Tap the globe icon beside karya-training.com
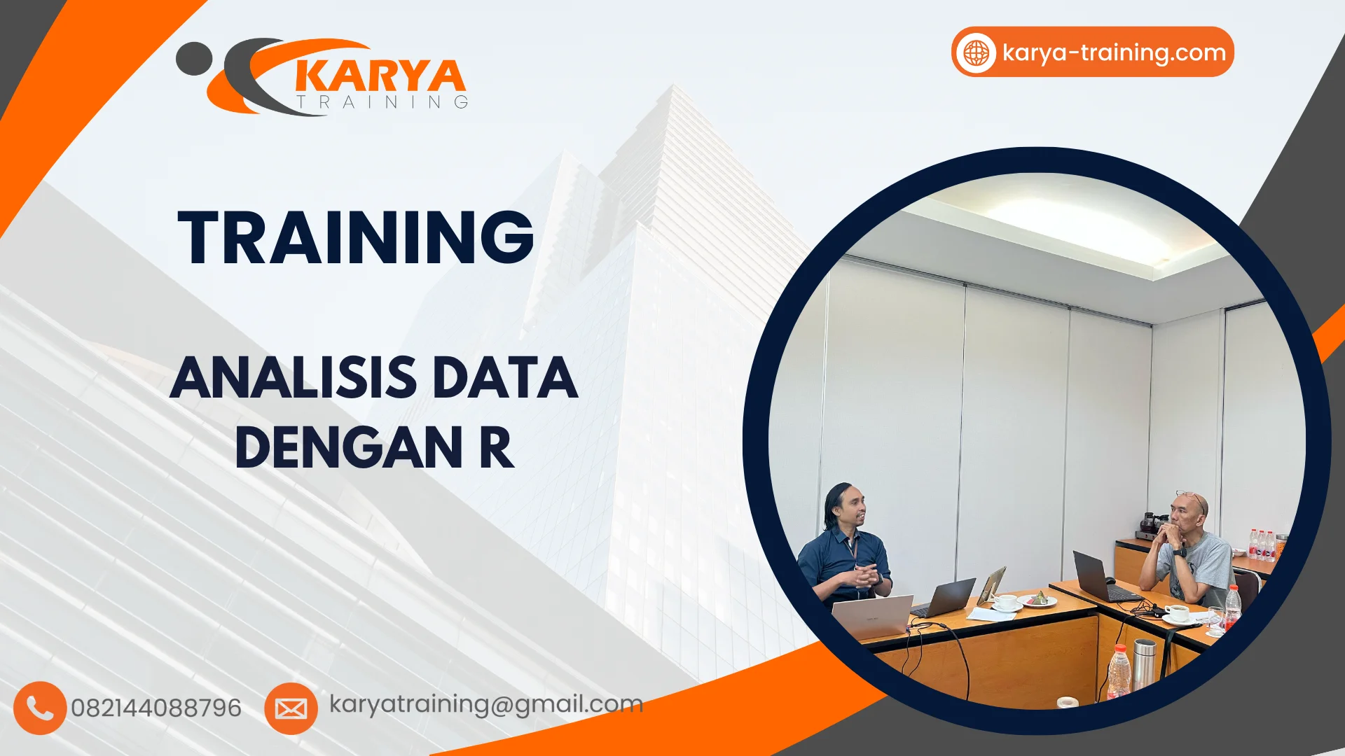[x=977, y=52]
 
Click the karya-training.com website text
[x=1114, y=52]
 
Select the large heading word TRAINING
[x=356, y=237]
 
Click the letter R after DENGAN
[x=497, y=447]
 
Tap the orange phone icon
[x=40, y=708]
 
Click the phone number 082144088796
[x=156, y=708]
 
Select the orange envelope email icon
[x=291, y=708]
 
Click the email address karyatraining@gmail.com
[x=486, y=704]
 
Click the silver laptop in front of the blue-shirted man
[x=873, y=616]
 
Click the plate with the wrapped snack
[x=1037, y=600]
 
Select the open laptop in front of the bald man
[x=1096, y=577]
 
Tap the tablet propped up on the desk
[x=992, y=584]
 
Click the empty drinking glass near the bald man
[x=1215, y=619]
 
